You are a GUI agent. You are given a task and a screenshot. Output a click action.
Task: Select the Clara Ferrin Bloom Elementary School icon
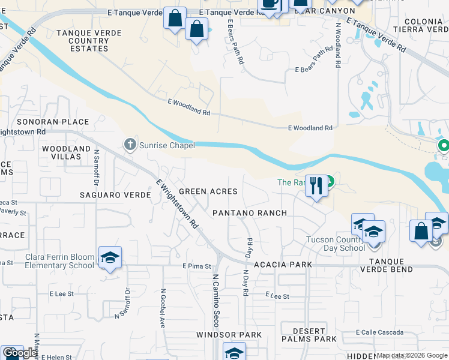110,257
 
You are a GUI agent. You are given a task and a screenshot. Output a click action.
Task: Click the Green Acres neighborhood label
208,191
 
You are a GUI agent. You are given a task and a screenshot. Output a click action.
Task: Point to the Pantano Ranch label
250,213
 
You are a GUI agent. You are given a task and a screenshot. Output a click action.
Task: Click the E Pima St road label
197,266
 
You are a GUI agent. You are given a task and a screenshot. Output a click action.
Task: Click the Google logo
20,353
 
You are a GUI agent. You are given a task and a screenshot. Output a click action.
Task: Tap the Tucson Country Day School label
336,244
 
